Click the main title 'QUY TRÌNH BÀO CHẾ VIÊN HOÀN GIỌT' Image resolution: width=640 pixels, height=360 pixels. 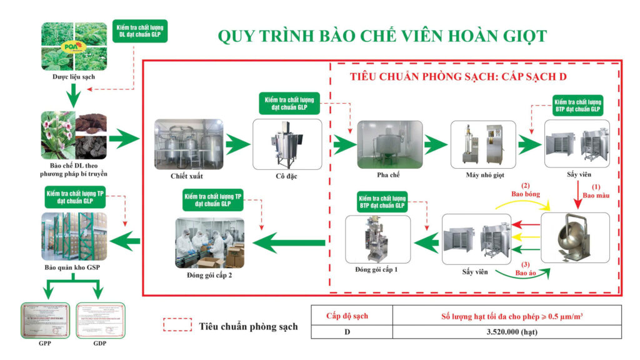point(382,36)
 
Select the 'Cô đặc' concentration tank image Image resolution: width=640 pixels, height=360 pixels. point(287,144)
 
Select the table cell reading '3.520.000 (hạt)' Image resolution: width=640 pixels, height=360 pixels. point(507,331)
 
